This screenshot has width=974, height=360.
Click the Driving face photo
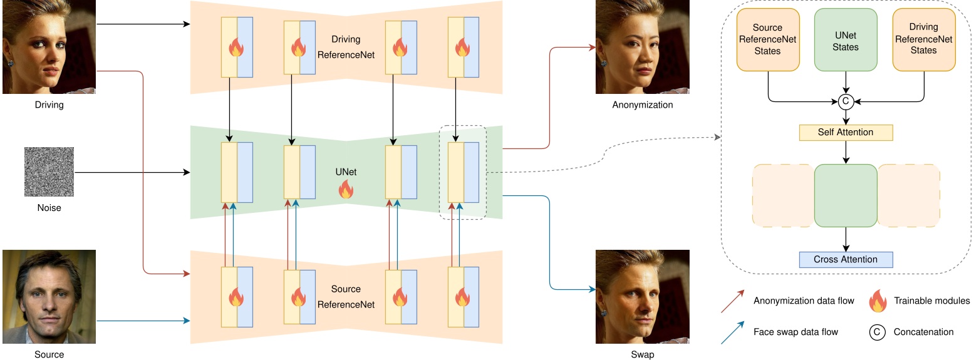tap(49, 47)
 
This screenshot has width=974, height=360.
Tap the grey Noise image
tap(49, 172)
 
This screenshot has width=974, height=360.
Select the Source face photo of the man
tap(49, 297)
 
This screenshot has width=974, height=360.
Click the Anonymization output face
tap(642, 47)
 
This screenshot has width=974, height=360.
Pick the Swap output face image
tap(642, 297)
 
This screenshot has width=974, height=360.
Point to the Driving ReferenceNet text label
tap(346, 47)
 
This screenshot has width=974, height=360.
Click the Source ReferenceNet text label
tap(346, 297)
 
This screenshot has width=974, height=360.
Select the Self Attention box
tap(846, 133)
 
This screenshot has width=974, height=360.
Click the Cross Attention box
tap(846, 259)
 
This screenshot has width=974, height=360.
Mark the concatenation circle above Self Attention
tap(846, 100)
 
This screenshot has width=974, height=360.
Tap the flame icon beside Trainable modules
tap(878, 301)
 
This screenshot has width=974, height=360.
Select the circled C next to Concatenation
tap(878, 332)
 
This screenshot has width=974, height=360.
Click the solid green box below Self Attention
tap(846, 195)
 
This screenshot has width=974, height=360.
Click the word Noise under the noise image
tap(49, 208)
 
